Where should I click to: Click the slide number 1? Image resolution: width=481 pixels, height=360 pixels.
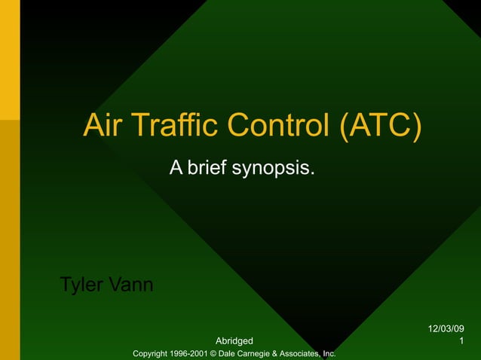pyautogui.click(x=461, y=342)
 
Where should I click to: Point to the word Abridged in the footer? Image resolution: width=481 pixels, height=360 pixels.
pyautogui.click(x=234, y=342)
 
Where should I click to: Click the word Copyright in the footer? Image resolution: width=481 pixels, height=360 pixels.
pyautogui.click(x=152, y=353)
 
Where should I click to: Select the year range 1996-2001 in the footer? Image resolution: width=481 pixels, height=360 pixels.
pyautogui.click(x=190, y=353)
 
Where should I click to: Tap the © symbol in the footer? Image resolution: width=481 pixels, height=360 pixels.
pyautogui.click(x=213, y=353)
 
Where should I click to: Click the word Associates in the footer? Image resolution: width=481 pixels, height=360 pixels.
pyautogui.click(x=301, y=353)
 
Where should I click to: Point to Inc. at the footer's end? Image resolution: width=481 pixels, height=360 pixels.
pyautogui.click(x=328, y=353)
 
